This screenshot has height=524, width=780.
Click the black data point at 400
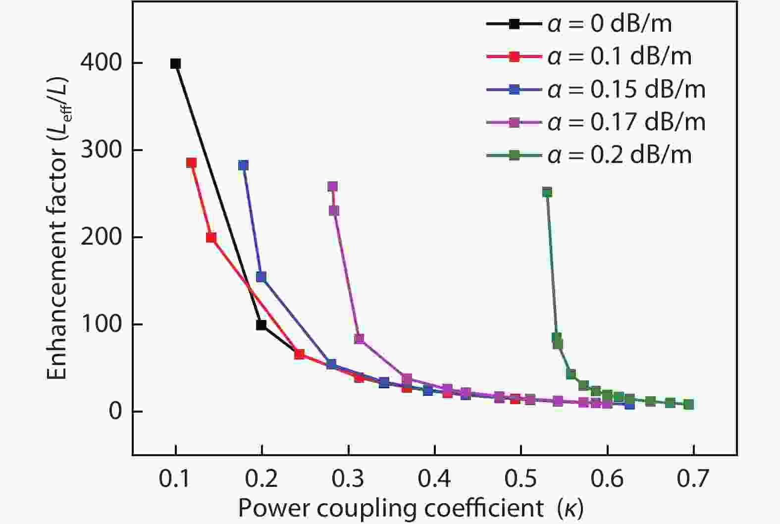(x=175, y=63)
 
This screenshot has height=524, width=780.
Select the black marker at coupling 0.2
(x=261, y=325)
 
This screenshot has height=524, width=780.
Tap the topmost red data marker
(x=192, y=163)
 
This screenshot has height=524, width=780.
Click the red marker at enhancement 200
(x=211, y=238)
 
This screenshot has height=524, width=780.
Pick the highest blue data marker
(x=243, y=165)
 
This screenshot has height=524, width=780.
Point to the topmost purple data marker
(x=332, y=187)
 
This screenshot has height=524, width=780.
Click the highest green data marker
(x=547, y=193)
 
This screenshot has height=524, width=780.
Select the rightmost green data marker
(x=688, y=404)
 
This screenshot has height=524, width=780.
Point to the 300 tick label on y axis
(x=101, y=150)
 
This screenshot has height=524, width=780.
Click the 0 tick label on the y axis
(x=115, y=412)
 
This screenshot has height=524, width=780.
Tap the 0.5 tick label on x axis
(x=520, y=479)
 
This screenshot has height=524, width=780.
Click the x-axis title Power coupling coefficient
(x=410, y=508)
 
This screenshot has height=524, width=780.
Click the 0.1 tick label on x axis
(x=175, y=479)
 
